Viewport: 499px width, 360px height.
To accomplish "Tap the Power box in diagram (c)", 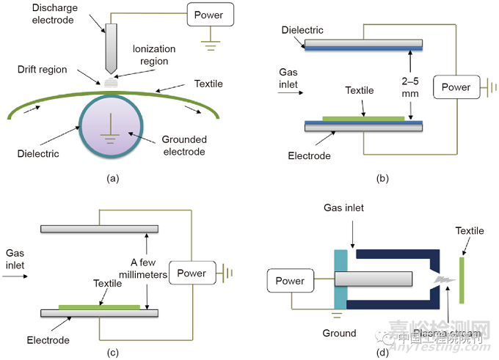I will click(192, 273).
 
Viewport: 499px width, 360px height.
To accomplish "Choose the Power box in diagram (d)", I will click(289, 280).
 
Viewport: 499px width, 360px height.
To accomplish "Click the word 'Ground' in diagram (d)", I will click(338, 334).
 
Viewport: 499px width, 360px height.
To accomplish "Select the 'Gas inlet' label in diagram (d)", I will click(343, 208).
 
